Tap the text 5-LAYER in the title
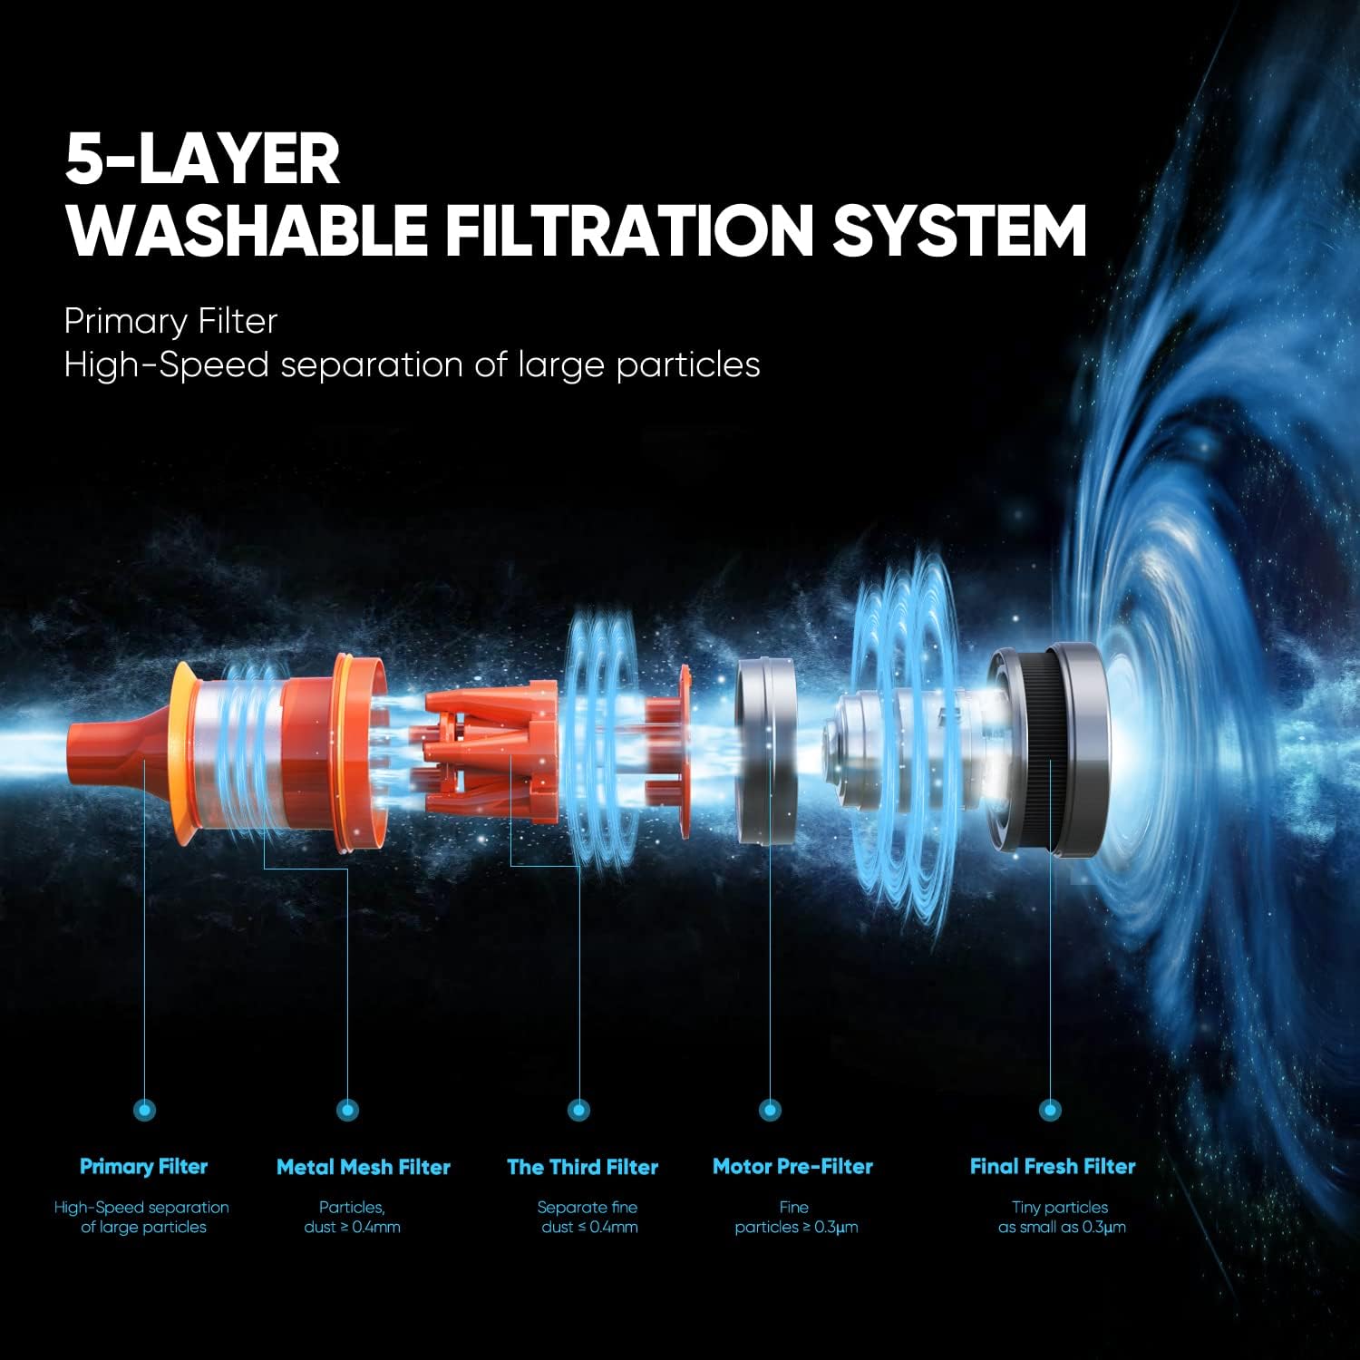[202, 160]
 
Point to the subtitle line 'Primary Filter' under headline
[170, 321]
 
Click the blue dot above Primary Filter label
[144, 1109]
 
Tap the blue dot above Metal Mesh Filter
[347, 1109]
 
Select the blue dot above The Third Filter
[578, 1109]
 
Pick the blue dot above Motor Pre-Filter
[770, 1109]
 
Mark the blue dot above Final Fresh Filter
[1050, 1109]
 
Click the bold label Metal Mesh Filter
[364, 1167]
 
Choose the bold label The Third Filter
[583, 1167]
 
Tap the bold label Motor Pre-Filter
[793, 1167]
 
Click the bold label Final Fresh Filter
[1053, 1167]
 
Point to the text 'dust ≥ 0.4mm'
[353, 1228]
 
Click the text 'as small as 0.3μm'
[1063, 1228]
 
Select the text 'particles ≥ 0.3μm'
[797, 1228]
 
